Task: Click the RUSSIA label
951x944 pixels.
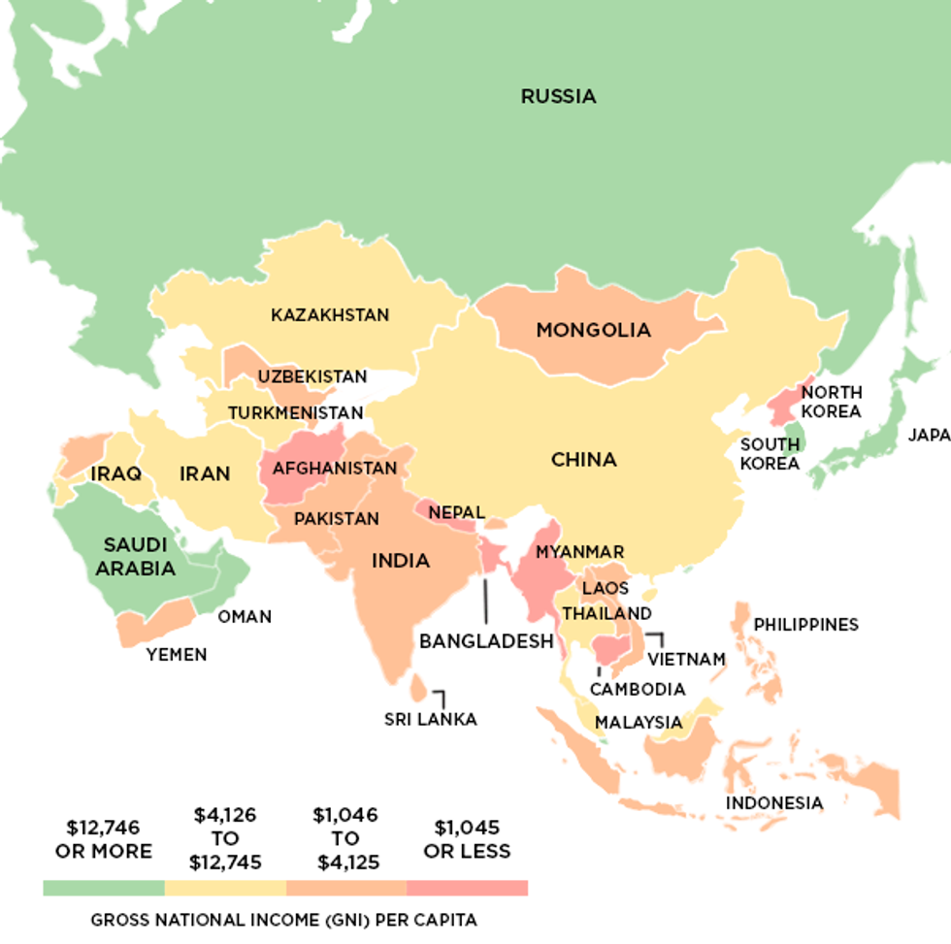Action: tap(558, 96)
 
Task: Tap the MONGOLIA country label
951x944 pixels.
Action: tap(593, 331)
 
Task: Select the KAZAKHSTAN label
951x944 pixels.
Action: tap(330, 315)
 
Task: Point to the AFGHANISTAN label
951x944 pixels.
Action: tap(335, 469)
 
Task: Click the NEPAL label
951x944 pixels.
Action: tap(456, 512)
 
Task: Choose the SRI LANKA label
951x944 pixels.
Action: tap(430, 719)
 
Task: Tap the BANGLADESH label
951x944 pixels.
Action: tap(485, 641)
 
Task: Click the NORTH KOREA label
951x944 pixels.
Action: tap(831, 402)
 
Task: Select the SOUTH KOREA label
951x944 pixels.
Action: tap(771, 453)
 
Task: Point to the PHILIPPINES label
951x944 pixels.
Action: tap(805, 625)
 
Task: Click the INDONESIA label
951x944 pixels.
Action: tap(773, 803)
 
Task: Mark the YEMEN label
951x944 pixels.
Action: tap(177, 655)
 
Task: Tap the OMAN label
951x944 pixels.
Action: tap(245, 617)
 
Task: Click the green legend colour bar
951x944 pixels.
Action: tap(104, 888)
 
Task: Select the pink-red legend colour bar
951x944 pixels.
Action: tap(467, 888)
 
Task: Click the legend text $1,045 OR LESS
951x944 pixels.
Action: tap(467, 839)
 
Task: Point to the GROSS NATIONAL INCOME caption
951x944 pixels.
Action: tap(284, 920)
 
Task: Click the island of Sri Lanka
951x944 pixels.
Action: tap(417, 688)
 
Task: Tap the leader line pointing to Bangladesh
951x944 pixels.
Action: tap(485, 602)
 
